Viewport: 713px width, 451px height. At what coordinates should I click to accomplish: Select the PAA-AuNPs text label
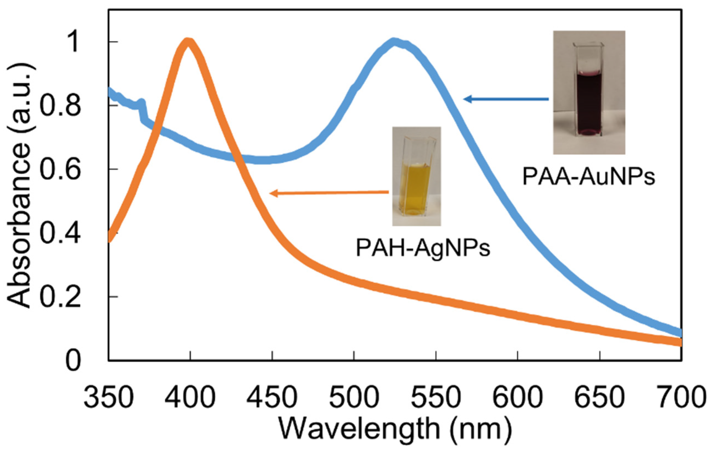[589, 177]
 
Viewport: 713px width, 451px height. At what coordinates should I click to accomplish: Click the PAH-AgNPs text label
[423, 248]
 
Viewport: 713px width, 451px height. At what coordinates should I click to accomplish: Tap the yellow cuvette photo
[416, 176]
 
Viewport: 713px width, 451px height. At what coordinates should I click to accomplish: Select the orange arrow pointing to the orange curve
[329, 193]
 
